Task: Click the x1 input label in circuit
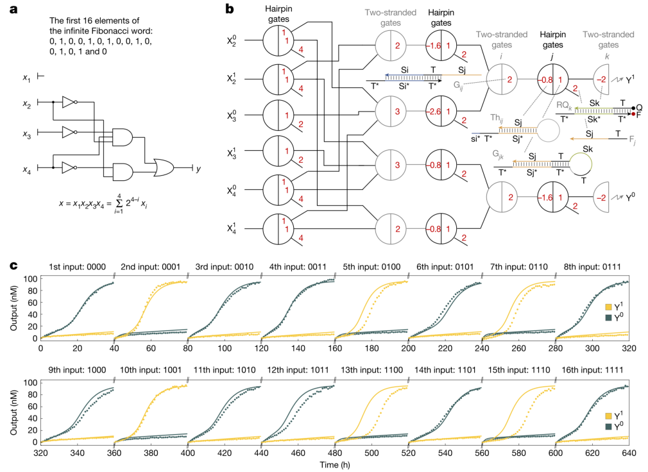pos(26,78)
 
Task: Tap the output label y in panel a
pos(198,169)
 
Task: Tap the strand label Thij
pos(479,116)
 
